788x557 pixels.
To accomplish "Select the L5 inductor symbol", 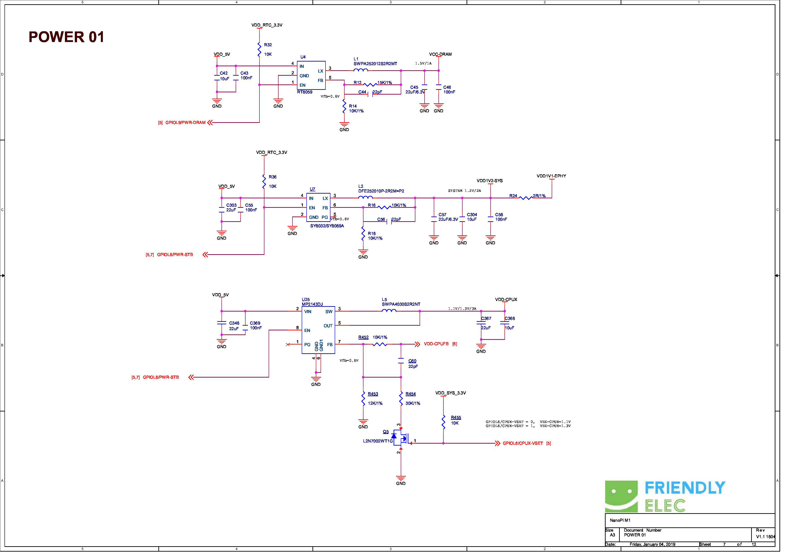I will [x=393, y=314].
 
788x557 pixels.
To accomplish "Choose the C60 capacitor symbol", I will [x=405, y=364].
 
